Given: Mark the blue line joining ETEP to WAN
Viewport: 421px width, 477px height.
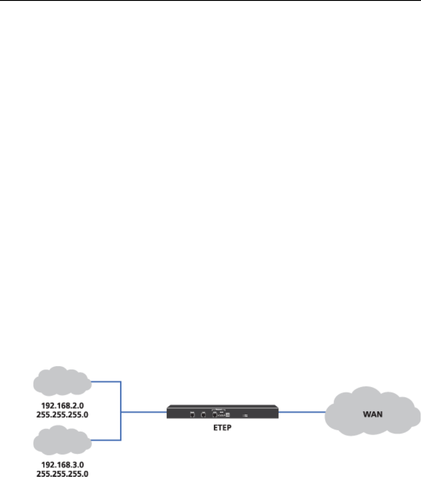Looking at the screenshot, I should (302, 411).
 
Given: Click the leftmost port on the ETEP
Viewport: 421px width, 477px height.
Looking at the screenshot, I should (192, 415).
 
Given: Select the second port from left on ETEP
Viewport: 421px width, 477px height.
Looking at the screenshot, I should (203, 415).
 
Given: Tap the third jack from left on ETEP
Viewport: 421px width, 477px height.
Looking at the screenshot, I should (215, 415).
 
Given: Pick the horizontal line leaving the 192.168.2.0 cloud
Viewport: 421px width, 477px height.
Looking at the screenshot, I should (106, 382).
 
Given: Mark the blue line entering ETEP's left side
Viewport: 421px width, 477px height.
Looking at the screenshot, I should (144, 411).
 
